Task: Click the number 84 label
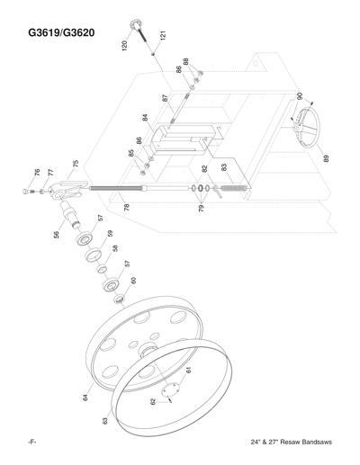(145, 119)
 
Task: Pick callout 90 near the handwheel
(299, 95)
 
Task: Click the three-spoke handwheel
(304, 129)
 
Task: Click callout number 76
(38, 171)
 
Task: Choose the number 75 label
(76, 165)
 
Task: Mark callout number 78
(127, 207)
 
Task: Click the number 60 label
(133, 282)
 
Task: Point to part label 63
(105, 419)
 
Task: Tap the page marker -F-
(31, 446)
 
